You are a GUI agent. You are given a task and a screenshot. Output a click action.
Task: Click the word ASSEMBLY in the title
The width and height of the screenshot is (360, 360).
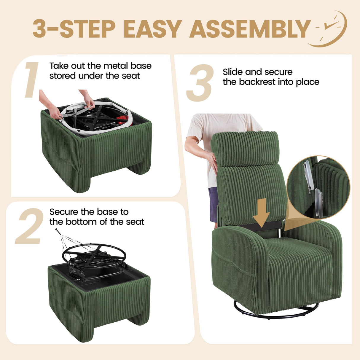pyautogui.click(x=250, y=29)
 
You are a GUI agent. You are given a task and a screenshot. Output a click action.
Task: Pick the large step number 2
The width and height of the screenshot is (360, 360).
pyautogui.click(x=30, y=227)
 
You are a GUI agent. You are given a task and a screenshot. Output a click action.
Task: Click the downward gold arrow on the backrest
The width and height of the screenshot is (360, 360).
pyautogui.click(x=261, y=211)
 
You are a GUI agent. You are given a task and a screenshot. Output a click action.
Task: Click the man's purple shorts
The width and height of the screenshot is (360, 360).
pyautogui.click(x=213, y=205)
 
